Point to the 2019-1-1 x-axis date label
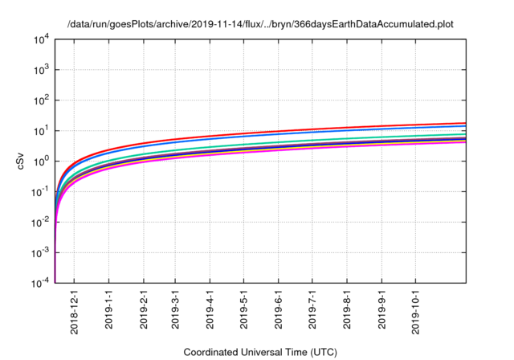click(x=108, y=310)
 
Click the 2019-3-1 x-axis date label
click(x=175, y=310)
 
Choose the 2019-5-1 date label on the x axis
click(x=243, y=310)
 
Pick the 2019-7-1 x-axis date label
click(x=312, y=310)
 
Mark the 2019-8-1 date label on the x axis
click(x=346, y=310)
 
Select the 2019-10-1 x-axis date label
click(x=415, y=310)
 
